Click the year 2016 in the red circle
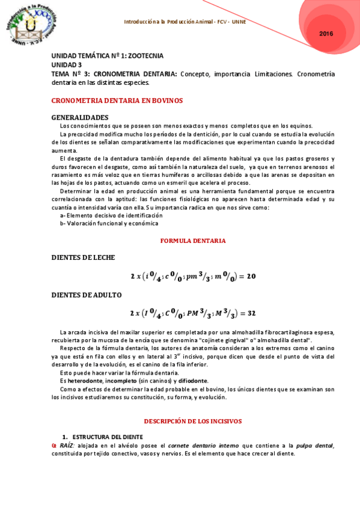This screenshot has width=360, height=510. click(326, 34)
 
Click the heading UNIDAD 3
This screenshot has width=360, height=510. click(67, 64)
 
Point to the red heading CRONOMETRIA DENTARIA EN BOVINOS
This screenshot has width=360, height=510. click(117, 100)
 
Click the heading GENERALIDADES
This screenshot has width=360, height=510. click(80, 117)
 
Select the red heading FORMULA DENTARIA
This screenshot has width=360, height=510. click(193, 241)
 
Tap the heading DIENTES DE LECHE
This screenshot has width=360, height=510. click(83, 257)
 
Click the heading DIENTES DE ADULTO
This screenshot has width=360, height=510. click(87, 295)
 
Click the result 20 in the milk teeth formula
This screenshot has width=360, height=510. click(251, 276)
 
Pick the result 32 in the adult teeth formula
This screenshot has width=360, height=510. click(251, 313)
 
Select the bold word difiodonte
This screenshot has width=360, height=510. click(192, 381)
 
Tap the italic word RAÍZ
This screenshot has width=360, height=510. click(67, 445)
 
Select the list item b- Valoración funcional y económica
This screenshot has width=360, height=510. click(109, 223)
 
